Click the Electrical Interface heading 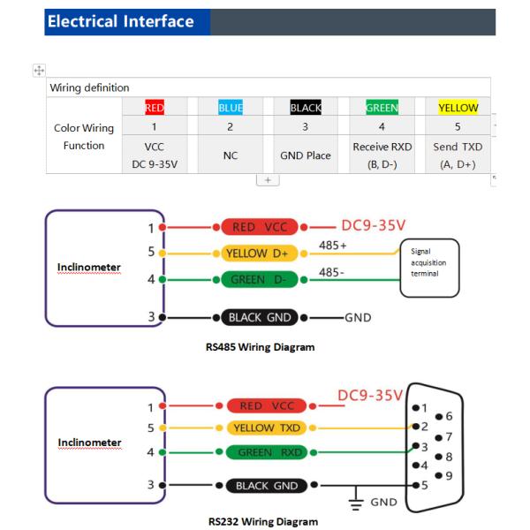120,21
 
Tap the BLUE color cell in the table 229,110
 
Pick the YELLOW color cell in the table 458,110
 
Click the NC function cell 229,154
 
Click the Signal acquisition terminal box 431,261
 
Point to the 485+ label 332,243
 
